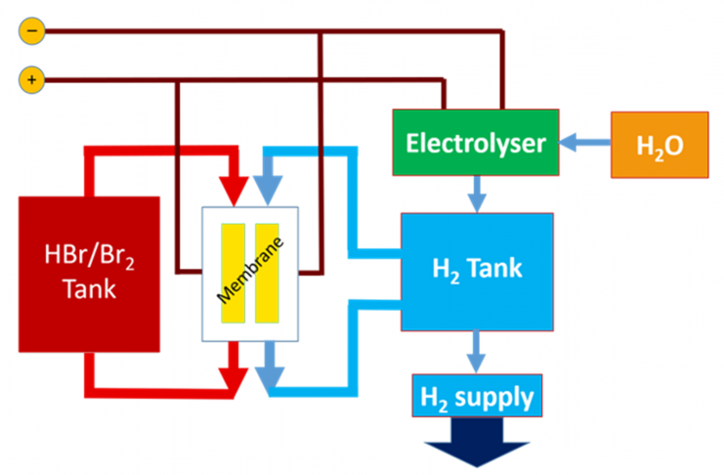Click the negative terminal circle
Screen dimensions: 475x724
click(31, 32)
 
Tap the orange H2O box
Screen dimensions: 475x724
click(660, 146)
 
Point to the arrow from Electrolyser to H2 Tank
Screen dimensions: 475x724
click(476, 194)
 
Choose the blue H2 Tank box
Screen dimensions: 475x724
click(478, 269)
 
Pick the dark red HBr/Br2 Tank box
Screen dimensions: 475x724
click(89, 274)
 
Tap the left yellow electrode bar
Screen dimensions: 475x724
click(234, 273)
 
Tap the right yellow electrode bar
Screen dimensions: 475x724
click(267, 273)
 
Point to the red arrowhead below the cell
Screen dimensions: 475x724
click(233, 375)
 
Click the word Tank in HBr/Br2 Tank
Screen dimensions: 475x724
click(88, 289)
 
